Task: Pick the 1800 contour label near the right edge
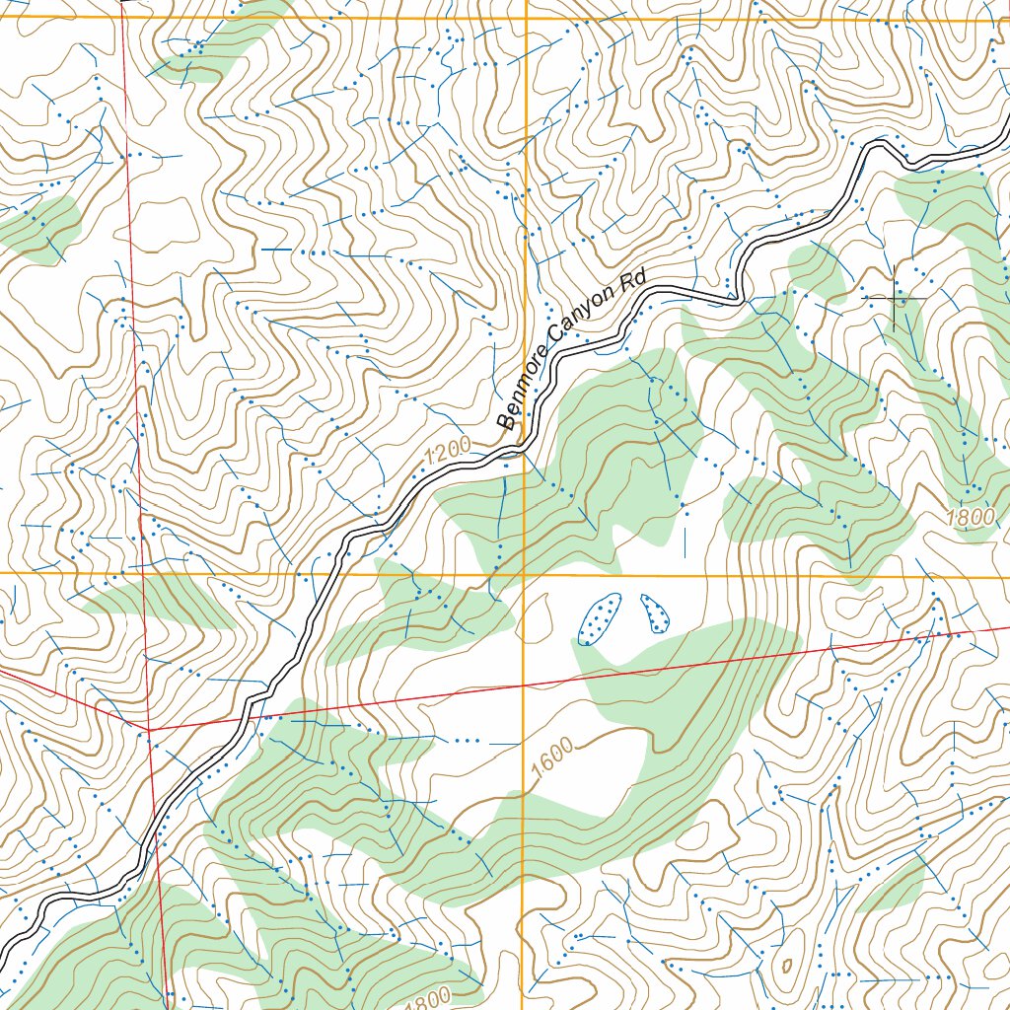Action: pyautogui.click(x=974, y=520)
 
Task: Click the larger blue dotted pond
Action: pyautogui.click(x=597, y=619)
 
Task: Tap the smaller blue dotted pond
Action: pyautogui.click(x=654, y=613)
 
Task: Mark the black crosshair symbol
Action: pyautogui.click(x=895, y=298)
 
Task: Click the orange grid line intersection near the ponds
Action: pyautogui.click(x=524, y=574)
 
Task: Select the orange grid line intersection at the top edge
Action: pyautogui.click(x=525, y=18)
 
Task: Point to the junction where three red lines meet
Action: pyautogui.click(x=149, y=729)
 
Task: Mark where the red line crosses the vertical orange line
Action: pyautogui.click(x=523, y=684)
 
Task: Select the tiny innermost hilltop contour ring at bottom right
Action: pyautogui.click(x=786, y=964)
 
